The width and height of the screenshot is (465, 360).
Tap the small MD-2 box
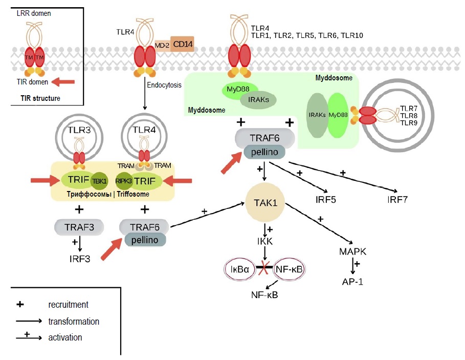(162, 46)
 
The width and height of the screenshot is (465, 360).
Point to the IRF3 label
(80, 259)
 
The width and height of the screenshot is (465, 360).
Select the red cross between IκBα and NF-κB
(265, 269)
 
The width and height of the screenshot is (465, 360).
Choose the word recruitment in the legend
(68, 305)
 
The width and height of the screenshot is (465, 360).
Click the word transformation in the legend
(74, 322)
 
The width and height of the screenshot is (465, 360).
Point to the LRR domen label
(34, 13)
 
